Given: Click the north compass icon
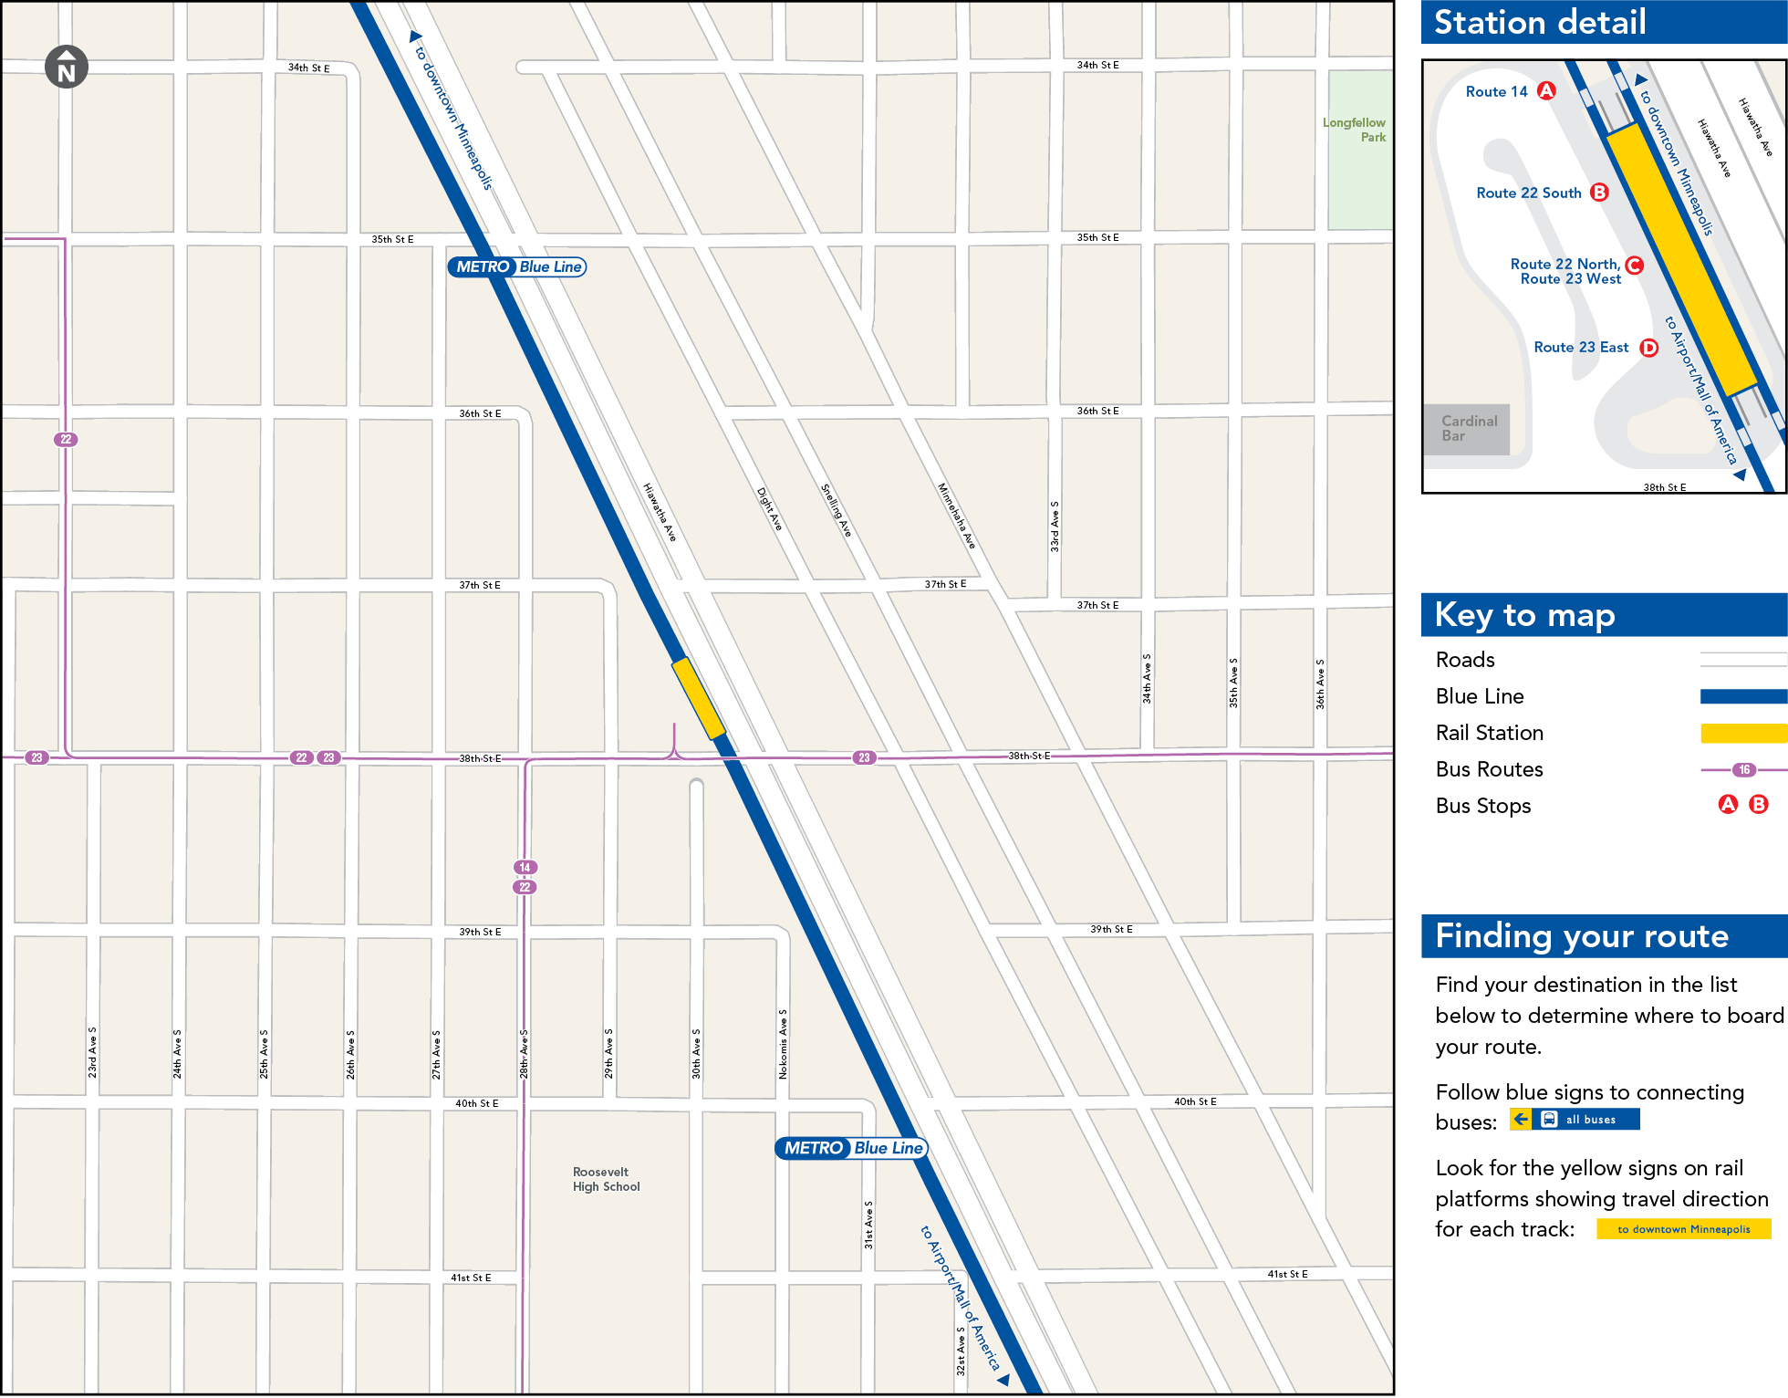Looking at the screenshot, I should coord(67,67).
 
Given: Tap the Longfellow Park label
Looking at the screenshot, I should coord(1355,130).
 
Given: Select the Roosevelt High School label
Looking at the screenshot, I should coord(606,1179).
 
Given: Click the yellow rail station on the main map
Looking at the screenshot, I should coord(699,698).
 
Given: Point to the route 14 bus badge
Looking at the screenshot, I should coord(525,867).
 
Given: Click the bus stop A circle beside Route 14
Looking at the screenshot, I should coord(1546,90).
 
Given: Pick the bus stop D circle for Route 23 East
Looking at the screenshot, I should coord(1649,348).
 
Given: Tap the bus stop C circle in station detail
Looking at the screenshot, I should coord(1635,266).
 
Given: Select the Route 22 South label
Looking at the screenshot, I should coord(1529,193).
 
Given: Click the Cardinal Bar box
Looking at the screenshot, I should coord(1469,429).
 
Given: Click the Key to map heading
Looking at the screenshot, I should coord(1524,615).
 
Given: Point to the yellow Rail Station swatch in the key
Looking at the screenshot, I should coord(1742,733).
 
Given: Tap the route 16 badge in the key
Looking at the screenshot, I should coord(1744,770).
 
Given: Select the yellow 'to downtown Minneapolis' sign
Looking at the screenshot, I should coord(1684,1229).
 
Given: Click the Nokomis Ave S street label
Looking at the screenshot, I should coord(783,1044).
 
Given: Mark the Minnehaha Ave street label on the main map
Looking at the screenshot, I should coord(956,516).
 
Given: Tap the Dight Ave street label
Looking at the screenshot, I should coord(769,509).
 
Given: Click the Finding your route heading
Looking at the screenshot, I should coord(1582,936).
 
